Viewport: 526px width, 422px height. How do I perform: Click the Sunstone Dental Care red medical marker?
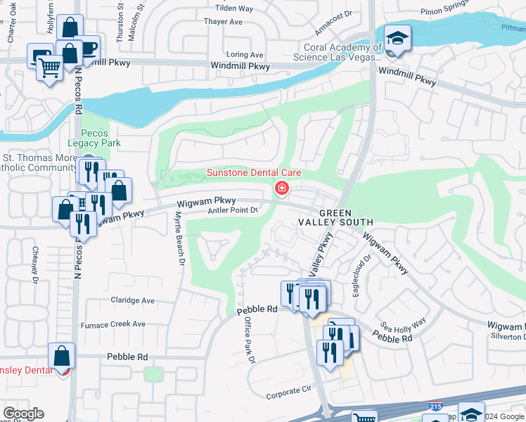click(x=282, y=188)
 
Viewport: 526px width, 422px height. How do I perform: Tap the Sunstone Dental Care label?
click(x=253, y=173)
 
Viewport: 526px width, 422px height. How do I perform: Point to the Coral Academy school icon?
click(x=397, y=39)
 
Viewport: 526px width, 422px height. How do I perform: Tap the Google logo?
click(x=23, y=414)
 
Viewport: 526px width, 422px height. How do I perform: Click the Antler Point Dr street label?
click(x=234, y=210)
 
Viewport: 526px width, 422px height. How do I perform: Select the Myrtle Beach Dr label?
click(x=179, y=240)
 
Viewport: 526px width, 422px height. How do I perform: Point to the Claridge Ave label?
click(x=132, y=300)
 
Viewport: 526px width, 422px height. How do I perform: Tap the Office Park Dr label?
click(x=248, y=340)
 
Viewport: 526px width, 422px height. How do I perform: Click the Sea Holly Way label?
click(x=403, y=324)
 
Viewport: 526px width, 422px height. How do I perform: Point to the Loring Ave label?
click(x=245, y=55)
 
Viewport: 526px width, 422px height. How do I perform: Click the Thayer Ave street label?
click(x=224, y=22)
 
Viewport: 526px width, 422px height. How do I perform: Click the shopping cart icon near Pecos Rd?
click(x=49, y=69)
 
